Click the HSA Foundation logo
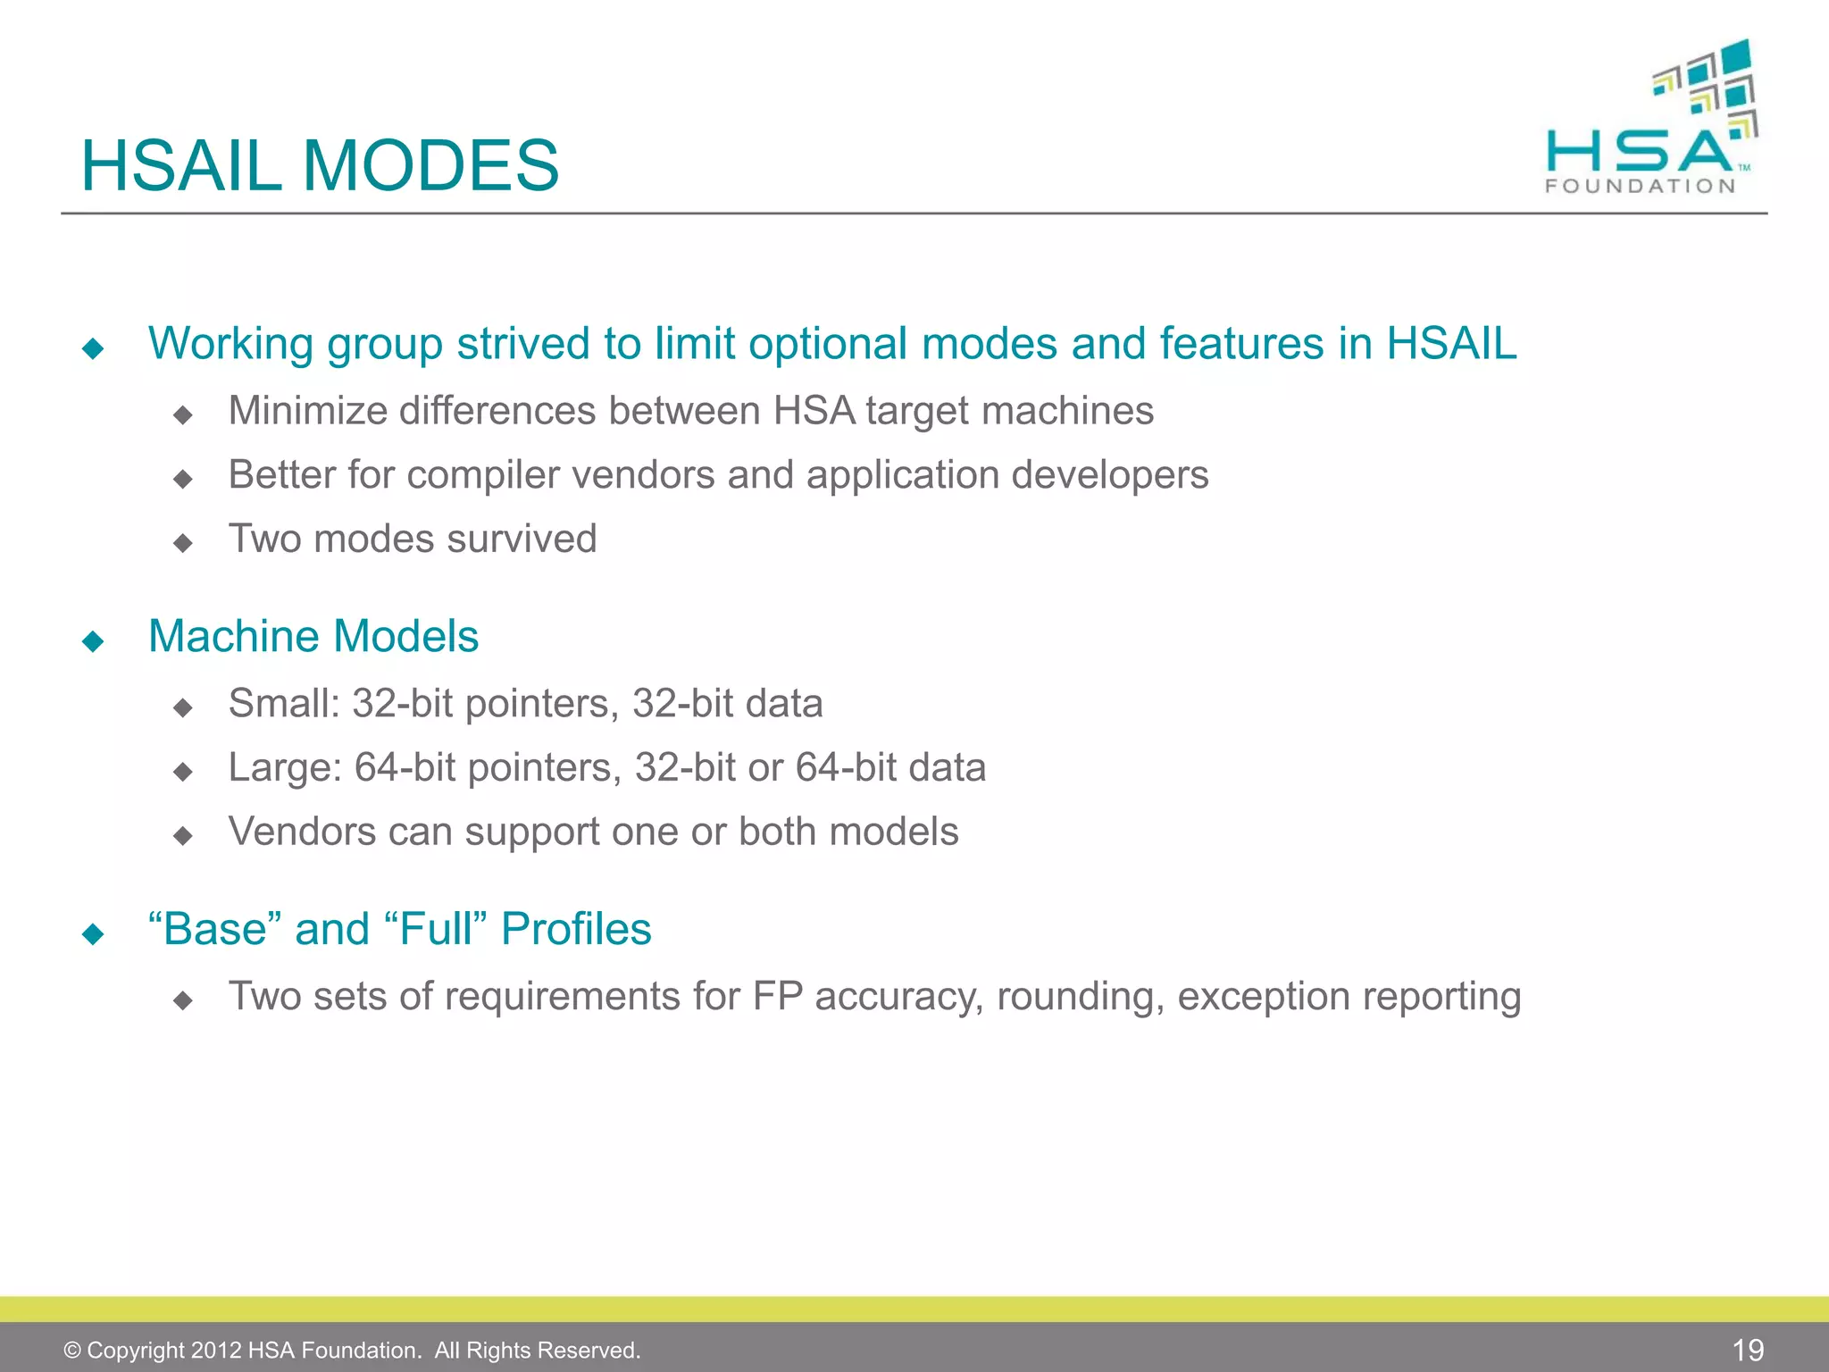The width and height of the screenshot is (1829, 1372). tap(1650, 121)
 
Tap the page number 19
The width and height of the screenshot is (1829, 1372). tap(1748, 1350)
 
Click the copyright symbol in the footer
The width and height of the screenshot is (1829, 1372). tap(72, 1351)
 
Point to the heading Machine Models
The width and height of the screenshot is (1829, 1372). tap(313, 637)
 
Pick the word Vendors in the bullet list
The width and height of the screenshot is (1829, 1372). tap(301, 832)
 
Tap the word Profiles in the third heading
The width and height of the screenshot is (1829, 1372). tap(576, 929)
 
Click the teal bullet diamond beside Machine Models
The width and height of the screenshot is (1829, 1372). tap(93, 641)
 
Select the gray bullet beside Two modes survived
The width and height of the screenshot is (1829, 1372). tap(183, 543)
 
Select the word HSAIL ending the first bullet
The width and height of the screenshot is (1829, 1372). tap(1451, 344)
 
